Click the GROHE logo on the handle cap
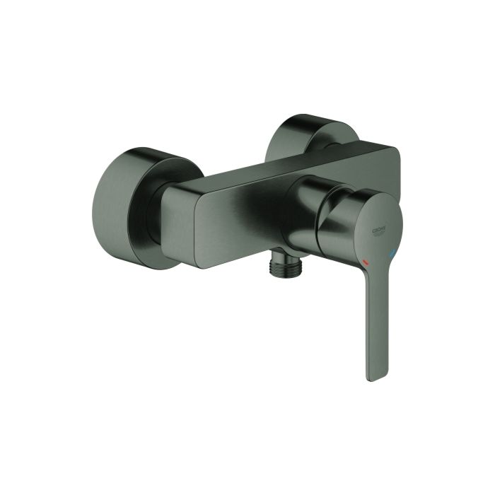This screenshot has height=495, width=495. coord(383,230)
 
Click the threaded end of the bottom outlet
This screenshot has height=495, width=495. coord(285,270)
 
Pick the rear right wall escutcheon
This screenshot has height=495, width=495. coord(311,130)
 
